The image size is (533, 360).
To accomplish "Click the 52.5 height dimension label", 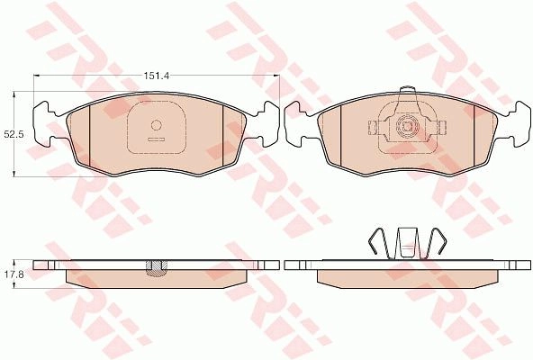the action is point(14,134).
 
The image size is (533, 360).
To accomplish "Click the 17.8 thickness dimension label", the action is point(14,274).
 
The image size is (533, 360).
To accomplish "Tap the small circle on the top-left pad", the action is point(156,125).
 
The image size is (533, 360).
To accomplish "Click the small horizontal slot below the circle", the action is point(156,139).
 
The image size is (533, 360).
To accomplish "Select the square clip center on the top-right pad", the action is point(406,127).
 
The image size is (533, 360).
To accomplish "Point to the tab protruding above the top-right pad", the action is point(407,90).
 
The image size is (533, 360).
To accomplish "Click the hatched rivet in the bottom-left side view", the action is point(156,267).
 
